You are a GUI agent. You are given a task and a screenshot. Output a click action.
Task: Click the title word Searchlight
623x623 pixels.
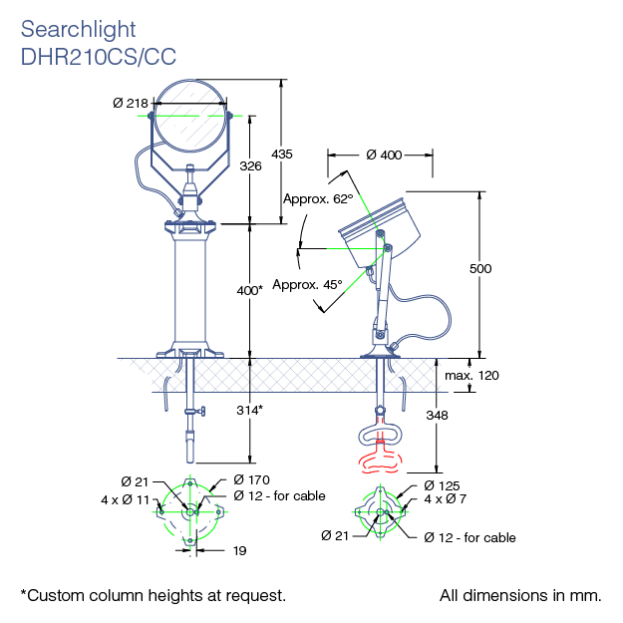[x=78, y=31]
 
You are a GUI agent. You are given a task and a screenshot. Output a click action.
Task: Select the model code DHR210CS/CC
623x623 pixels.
[x=98, y=57]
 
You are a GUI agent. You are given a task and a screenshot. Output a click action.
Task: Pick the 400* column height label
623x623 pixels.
[x=250, y=290]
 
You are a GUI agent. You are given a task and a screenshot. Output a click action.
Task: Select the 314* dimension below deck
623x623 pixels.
[x=250, y=410]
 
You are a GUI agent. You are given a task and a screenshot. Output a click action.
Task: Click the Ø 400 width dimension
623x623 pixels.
[x=384, y=155]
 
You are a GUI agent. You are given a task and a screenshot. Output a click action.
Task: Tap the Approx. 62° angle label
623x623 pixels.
[x=319, y=198]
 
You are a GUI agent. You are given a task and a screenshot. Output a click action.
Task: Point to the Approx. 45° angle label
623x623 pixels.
[x=307, y=284]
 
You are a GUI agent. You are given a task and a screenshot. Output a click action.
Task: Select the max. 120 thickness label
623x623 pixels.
[x=471, y=376]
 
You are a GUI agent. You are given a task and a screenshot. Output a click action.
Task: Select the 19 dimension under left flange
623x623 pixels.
[x=239, y=550]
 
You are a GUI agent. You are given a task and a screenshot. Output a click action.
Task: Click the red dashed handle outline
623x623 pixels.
[x=379, y=460]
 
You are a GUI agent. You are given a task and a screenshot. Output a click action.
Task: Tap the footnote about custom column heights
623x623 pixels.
[x=154, y=595]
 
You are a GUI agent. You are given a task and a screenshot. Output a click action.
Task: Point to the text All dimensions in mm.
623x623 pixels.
[x=520, y=595]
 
